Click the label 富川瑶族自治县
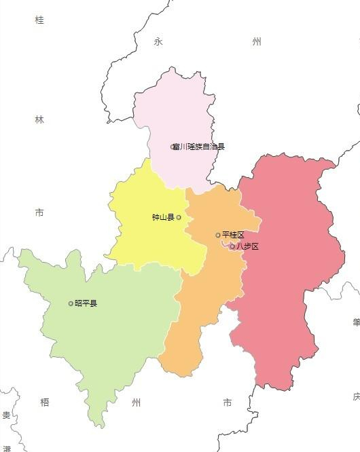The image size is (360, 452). [200, 147]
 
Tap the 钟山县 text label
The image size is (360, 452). [163, 218]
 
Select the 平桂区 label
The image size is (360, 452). [233, 235]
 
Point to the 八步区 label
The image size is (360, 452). [247, 246]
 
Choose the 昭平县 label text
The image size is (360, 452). [86, 303]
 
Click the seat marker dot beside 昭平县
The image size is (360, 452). [71, 303]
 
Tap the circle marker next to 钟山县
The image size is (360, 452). [179, 218]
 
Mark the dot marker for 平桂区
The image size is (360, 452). [218, 235]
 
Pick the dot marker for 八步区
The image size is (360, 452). [232, 246]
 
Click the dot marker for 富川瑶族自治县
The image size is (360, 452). [173, 147]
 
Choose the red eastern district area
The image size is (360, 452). [285, 271]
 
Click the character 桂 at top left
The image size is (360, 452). [39, 20]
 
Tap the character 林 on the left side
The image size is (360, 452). [39, 119]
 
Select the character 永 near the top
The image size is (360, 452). [158, 42]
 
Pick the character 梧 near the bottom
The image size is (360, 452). [45, 402]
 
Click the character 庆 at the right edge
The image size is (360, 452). [356, 396]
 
